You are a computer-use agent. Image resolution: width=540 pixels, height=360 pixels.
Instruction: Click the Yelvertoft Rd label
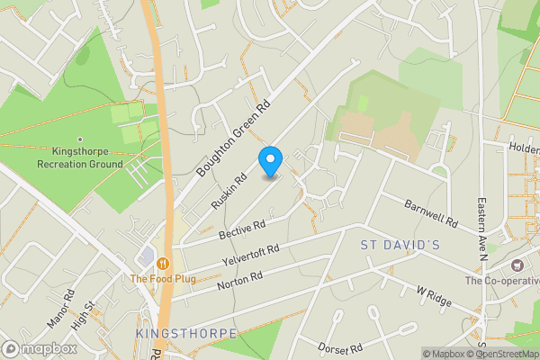[x=250, y=256]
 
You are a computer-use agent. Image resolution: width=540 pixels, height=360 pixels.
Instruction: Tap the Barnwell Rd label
[x=431, y=212]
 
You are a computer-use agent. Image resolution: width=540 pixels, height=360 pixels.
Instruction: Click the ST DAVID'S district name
[x=400, y=245]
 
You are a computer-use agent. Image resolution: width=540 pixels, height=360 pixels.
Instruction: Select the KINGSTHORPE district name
[x=185, y=333]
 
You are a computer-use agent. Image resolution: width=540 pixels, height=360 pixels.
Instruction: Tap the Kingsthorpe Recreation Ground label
[x=80, y=158]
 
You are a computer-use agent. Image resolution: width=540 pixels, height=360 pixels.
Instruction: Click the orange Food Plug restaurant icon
[x=163, y=263]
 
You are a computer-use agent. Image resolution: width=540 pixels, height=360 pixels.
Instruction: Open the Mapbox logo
[x=39, y=348]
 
